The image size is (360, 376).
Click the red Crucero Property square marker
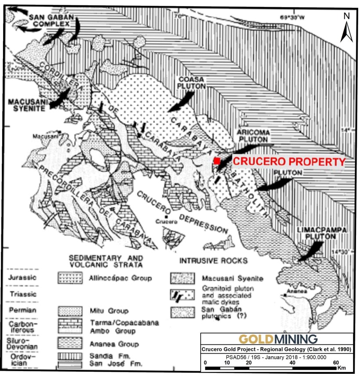click(217, 161)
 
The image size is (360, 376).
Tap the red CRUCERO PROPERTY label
click(289, 161)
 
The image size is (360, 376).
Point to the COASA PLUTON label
click(190, 83)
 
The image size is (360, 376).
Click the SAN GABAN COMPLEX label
click(48, 20)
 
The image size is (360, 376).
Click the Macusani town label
click(42, 137)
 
